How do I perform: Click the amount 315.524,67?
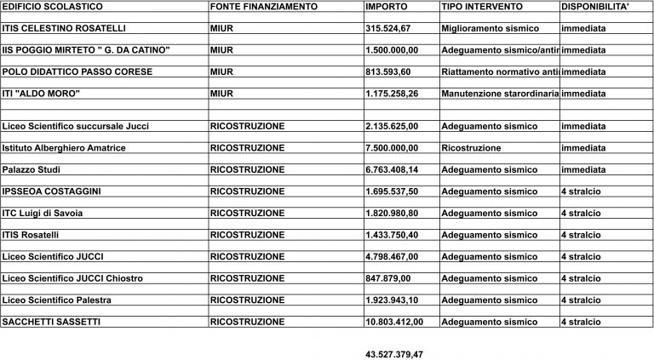390,28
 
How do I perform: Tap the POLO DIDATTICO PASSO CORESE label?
77,72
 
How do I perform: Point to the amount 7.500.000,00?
395,148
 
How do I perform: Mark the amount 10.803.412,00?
398,322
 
